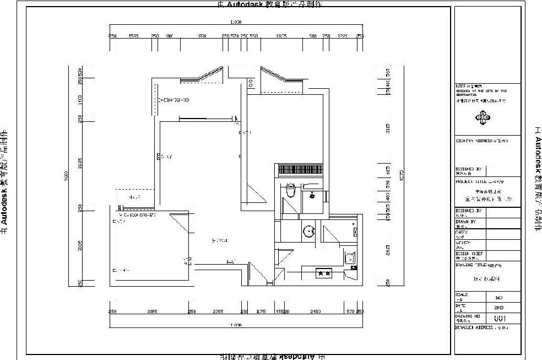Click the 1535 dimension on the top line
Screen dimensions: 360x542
133,36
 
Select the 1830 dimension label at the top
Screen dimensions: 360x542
202,36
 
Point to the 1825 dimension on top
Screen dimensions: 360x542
281,36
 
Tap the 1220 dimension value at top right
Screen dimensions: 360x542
343,36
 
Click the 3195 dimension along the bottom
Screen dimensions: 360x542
152,311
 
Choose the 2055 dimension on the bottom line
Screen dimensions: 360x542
218,311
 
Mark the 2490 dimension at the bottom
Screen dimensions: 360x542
316,311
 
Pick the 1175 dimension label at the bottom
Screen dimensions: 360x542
262,311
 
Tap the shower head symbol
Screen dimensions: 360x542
312,195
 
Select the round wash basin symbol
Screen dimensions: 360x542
309,231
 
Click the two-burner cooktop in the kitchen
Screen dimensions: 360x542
321,273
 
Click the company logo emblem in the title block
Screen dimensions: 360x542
483,117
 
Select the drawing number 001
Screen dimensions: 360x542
500,318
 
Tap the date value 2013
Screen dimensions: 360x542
500,307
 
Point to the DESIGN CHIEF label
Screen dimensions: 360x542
469,254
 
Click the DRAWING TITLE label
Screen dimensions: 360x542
471,264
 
